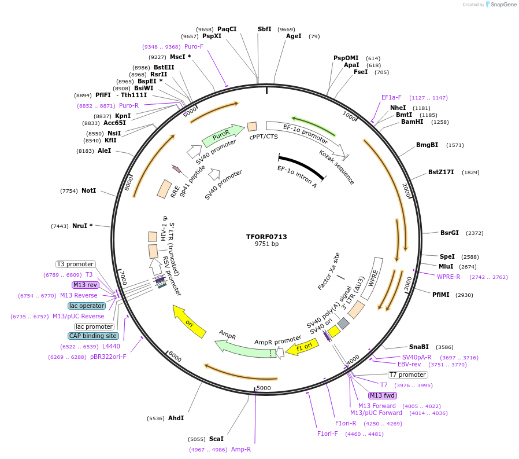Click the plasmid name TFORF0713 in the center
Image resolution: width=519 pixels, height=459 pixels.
(x=266, y=237)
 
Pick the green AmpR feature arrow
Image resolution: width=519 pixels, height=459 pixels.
(x=243, y=347)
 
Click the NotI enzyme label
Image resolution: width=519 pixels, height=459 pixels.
(x=88, y=190)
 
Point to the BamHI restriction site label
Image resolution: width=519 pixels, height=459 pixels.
(x=412, y=122)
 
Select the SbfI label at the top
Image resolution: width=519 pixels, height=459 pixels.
(x=264, y=29)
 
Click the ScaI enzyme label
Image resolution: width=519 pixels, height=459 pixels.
(x=216, y=439)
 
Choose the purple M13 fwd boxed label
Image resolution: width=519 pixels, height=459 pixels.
(x=383, y=395)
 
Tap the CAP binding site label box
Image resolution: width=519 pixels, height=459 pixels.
(x=94, y=336)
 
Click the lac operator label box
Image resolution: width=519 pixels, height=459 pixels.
(x=87, y=306)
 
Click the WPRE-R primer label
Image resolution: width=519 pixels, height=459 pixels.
(x=448, y=277)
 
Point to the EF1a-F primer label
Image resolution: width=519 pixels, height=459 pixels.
(x=391, y=97)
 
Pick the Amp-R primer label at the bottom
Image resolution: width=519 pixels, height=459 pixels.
(x=241, y=449)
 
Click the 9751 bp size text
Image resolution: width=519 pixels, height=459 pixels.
(x=266, y=244)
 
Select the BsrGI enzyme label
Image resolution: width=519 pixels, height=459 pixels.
(x=449, y=233)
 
